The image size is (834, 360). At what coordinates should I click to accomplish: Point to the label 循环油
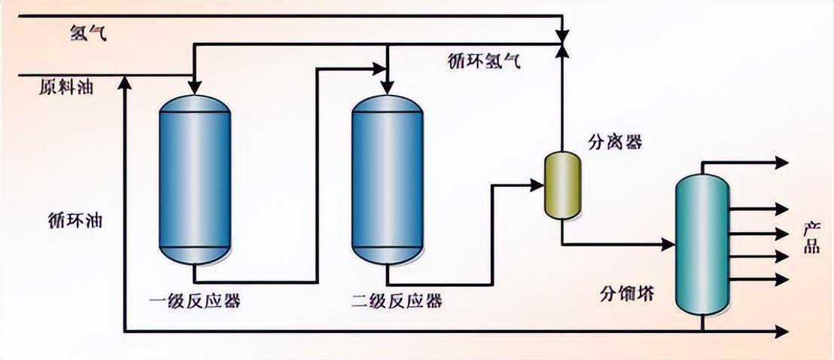pos(73,221)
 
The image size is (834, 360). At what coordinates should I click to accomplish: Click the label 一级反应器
pos(194,301)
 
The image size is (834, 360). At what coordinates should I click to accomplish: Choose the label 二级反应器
pos(397,301)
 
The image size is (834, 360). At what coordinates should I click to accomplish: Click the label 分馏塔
pos(627,292)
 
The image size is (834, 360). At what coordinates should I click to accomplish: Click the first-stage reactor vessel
pos(195,179)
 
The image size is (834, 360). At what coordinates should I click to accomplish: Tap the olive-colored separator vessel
pos(562,185)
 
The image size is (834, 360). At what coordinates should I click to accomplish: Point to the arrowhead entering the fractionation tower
pos(668,244)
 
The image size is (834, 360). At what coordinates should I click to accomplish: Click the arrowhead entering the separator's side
pos(537,183)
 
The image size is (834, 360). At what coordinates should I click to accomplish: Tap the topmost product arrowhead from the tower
pos(782,162)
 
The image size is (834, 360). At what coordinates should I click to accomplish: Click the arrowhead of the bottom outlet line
pos(782,331)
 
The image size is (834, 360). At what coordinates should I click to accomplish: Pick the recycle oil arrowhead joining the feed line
pos(125,82)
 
